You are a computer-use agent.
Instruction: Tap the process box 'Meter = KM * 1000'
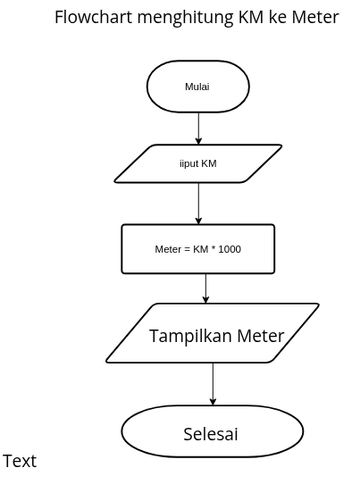[x=197, y=249]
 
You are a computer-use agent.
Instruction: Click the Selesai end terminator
[x=211, y=435]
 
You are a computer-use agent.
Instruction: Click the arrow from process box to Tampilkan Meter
[x=205, y=288]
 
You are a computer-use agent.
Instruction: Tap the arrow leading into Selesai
[x=213, y=386]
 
